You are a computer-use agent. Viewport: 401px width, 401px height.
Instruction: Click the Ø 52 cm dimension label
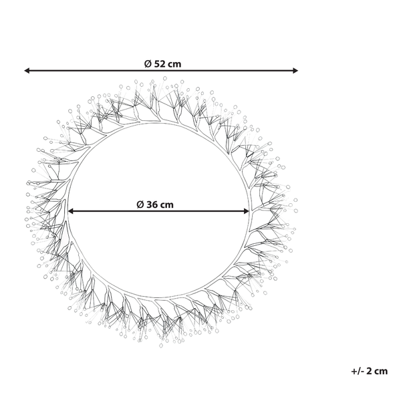(x=162, y=63)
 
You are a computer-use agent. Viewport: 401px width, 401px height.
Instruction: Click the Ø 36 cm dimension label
(x=155, y=205)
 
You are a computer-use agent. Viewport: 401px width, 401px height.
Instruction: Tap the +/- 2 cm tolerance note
(x=370, y=371)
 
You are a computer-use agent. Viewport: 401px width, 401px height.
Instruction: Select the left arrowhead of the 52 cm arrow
(x=27, y=71)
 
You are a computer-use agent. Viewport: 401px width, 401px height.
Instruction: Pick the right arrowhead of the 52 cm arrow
(x=295, y=71)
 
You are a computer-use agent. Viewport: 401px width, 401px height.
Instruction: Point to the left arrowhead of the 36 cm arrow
(x=71, y=211)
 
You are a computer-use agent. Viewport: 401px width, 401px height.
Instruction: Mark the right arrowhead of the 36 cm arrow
(x=246, y=211)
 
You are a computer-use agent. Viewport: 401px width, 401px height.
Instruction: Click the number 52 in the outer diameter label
(x=160, y=63)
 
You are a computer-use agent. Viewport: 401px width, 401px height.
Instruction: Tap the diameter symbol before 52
(x=148, y=63)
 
